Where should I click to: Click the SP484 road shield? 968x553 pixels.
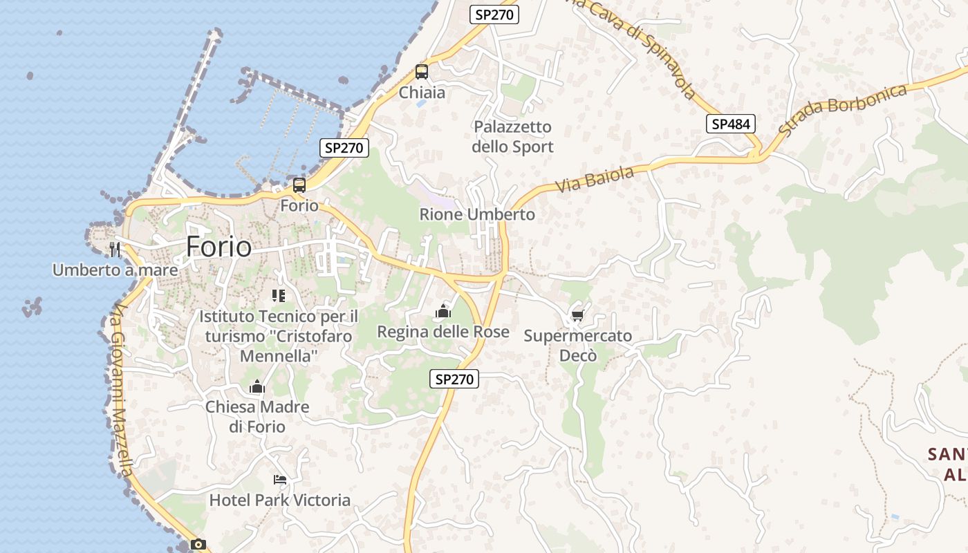[x=730, y=124]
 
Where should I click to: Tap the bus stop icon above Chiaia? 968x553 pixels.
[x=421, y=71]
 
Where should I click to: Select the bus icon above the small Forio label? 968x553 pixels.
[x=299, y=185]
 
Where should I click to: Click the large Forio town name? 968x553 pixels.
[x=218, y=247]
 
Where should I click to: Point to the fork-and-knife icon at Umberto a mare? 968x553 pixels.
[x=115, y=249]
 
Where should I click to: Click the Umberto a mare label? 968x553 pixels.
[x=115, y=270]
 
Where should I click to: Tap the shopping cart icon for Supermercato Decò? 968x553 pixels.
[x=577, y=316]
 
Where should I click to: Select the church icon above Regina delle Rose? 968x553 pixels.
[x=443, y=312]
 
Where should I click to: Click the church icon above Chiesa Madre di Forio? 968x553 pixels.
[x=257, y=386]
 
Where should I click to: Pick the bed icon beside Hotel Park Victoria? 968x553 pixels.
[x=279, y=479]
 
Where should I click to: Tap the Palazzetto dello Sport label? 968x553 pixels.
[x=512, y=137]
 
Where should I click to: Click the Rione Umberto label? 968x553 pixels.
[x=477, y=214]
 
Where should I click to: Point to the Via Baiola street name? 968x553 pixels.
[x=595, y=179]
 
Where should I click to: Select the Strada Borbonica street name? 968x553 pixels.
[x=843, y=109]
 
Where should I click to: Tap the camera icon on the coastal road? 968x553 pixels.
[x=198, y=544]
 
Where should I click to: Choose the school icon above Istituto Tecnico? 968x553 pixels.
[x=279, y=296]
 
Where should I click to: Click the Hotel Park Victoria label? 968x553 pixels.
[x=280, y=500]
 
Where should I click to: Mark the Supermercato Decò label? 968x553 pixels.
[x=577, y=346]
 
